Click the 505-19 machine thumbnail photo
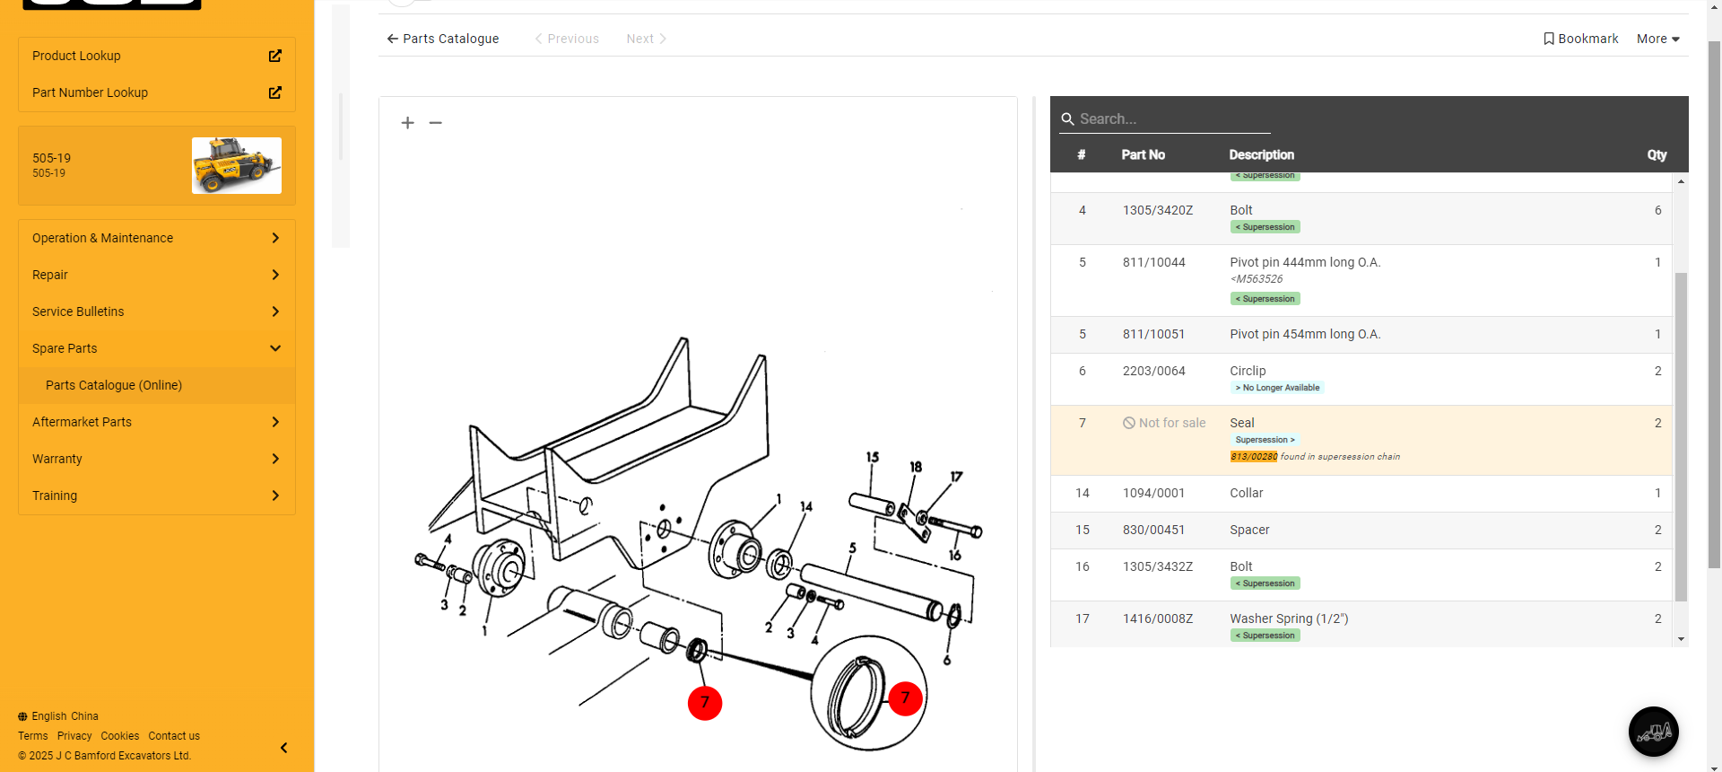point(237,165)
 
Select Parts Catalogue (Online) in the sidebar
point(114,385)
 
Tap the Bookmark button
point(1580,39)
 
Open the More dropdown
point(1658,39)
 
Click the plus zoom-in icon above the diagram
point(407,123)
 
